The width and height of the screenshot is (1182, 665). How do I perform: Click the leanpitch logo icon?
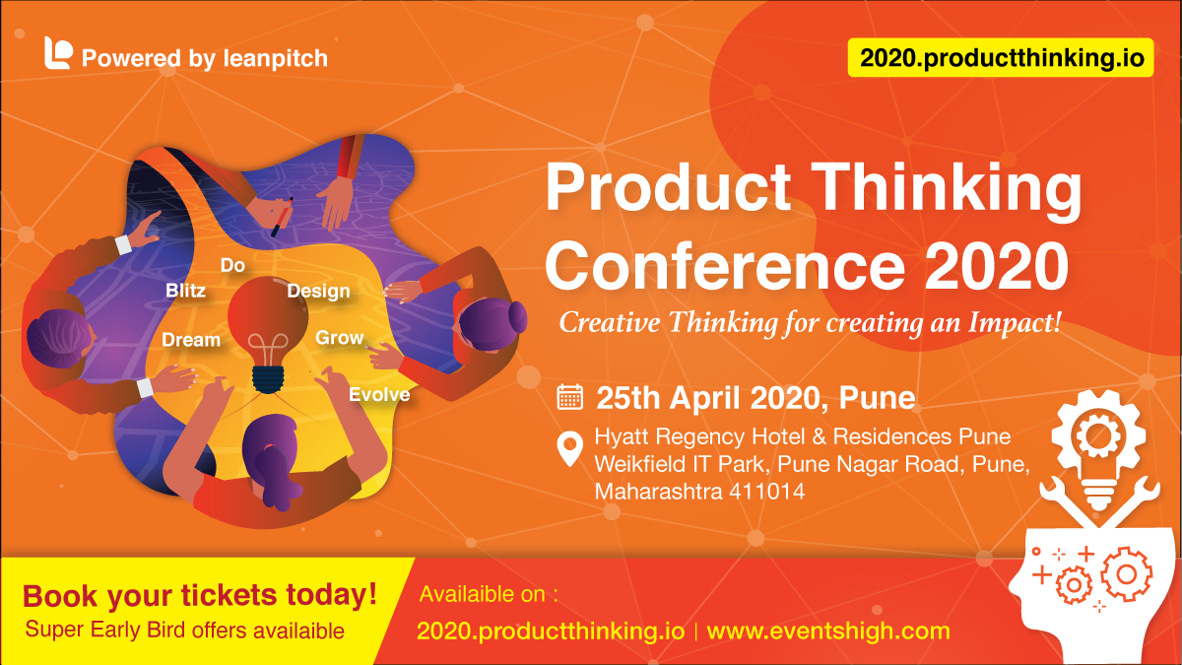[58, 53]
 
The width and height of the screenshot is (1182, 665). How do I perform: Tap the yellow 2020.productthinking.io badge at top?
[1001, 58]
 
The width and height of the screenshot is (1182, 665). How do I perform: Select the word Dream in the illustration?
[191, 340]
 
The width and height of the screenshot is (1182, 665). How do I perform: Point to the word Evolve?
[379, 395]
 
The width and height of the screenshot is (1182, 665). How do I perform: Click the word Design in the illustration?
[318, 291]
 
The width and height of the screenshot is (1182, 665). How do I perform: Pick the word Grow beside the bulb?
[339, 338]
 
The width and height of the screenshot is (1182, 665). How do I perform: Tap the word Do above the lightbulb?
[232, 265]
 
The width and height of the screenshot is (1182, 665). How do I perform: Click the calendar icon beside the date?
[569, 397]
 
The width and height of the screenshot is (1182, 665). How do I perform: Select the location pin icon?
[569, 449]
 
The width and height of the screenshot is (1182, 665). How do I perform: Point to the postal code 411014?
[766, 491]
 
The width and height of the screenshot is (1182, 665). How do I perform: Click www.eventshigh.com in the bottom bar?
[828, 631]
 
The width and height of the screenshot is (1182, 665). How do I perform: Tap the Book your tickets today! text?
[200, 595]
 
